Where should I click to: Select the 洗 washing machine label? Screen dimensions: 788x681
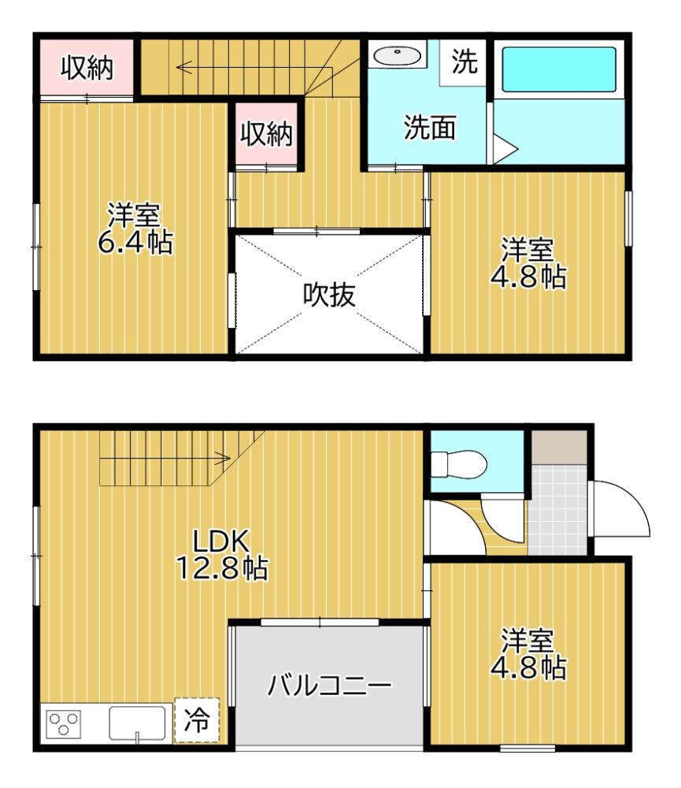(x=464, y=62)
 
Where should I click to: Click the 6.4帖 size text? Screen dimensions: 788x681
(x=135, y=242)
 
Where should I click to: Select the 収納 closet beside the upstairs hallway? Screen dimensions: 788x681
(x=266, y=135)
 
